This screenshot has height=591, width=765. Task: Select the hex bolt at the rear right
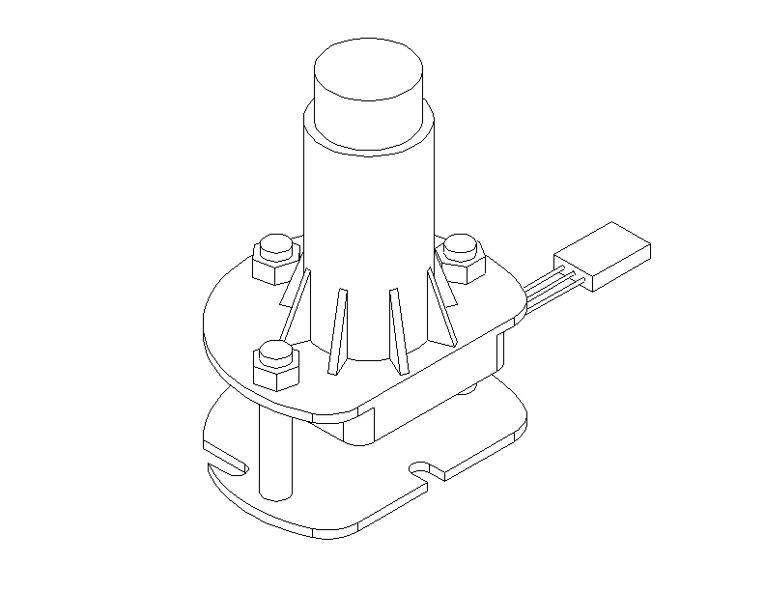point(462,258)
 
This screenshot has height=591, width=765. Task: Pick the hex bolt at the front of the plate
point(275,365)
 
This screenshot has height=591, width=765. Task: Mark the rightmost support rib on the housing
point(441,305)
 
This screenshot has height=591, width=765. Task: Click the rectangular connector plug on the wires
point(603,256)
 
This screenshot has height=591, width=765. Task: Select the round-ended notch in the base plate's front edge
point(425,469)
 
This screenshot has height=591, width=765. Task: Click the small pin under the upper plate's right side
point(469,389)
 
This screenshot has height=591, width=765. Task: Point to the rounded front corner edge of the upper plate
point(338,417)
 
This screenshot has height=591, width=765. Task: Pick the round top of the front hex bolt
point(275,349)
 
